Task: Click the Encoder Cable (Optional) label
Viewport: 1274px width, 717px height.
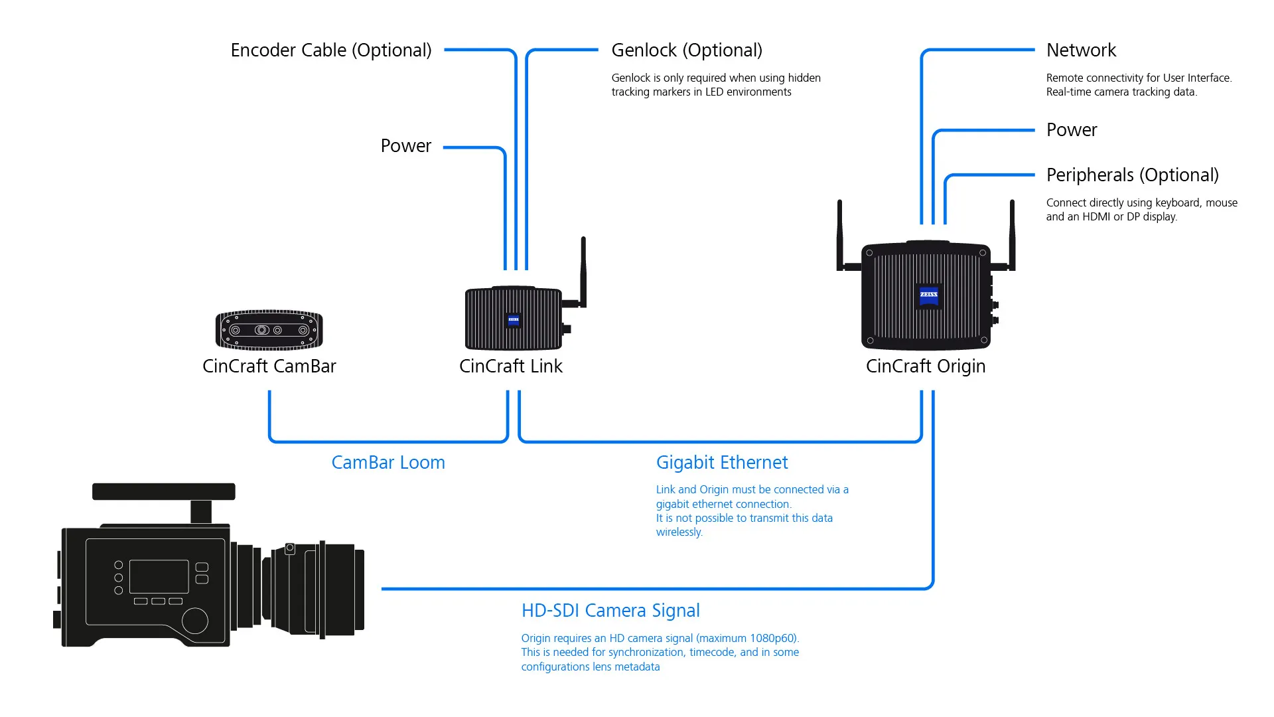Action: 331,50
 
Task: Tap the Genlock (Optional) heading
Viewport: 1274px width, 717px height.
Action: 687,50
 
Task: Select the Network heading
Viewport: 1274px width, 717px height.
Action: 1081,50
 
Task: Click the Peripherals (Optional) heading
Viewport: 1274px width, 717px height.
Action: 1133,175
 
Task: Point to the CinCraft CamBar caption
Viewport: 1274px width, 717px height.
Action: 269,366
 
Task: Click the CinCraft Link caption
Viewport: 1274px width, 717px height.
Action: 511,366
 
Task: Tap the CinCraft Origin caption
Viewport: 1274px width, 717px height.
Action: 926,366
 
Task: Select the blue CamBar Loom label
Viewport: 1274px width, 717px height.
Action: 388,463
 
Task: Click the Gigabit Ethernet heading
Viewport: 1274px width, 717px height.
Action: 722,463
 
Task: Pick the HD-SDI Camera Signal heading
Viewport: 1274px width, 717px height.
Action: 610,611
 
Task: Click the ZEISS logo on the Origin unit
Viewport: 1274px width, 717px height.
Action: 929,295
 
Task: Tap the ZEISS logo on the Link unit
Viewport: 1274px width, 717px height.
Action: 514,320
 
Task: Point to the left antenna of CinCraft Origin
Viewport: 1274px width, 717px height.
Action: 840,236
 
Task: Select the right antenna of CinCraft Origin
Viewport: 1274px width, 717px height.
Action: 1012,236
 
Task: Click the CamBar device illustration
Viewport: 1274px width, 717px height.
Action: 269,330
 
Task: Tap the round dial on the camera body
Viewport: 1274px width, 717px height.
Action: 195,621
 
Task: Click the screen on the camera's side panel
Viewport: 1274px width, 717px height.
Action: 159,576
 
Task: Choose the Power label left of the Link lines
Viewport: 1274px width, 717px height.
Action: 405,146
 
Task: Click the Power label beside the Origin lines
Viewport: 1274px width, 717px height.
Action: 1072,130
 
